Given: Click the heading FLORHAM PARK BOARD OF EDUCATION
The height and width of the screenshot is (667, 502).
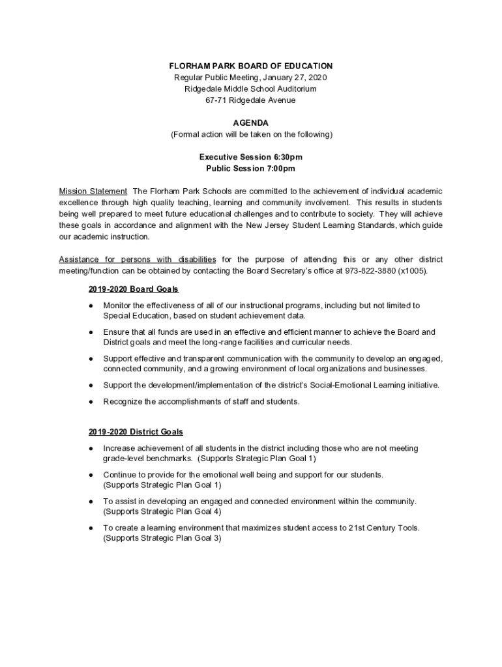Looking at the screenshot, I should click(x=251, y=66).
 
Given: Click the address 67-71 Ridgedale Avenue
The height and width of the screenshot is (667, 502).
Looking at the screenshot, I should click(x=251, y=100).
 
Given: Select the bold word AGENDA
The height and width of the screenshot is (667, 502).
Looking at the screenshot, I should click(x=251, y=123).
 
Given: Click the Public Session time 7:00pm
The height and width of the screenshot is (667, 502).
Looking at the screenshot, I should click(x=280, y=169).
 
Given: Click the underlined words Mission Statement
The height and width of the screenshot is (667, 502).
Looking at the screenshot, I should click(x=93, y=192).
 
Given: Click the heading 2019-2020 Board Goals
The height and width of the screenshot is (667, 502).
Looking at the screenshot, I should click(x=134, y=289).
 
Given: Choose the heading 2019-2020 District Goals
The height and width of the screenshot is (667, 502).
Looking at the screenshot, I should click(x=136, y=432).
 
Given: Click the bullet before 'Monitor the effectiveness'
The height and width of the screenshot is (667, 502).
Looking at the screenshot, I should click(x=91, y=305).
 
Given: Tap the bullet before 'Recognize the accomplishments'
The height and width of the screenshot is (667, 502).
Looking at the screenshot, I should click(x=91, y=402).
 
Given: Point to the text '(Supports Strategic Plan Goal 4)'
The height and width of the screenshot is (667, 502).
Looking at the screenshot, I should click(x=162, y=511).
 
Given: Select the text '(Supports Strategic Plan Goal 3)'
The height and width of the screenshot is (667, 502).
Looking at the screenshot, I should click(x=162, y=539).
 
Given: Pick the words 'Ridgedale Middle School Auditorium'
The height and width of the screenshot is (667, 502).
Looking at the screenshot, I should click(x=251, y=89).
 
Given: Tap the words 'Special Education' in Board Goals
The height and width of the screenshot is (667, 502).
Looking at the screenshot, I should click(x=136, y=316).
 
